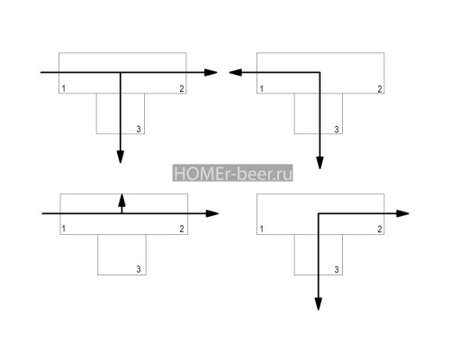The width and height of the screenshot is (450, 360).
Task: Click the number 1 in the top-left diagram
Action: [x=64, y=88]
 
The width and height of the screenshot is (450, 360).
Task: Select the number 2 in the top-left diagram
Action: [x=182, y=88]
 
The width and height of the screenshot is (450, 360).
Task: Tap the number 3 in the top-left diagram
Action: [x=139, y=129]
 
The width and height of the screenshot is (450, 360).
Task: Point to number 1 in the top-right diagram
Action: [x=262, y=89]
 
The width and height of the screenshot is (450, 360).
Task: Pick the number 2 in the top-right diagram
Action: [x=380, y=89]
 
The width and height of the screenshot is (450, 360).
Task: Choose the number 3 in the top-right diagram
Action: [x=337, y=130]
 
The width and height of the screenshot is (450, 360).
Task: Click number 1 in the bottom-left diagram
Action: [x=64, y=229]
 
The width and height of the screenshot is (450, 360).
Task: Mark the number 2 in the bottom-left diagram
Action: [x=182, y=229]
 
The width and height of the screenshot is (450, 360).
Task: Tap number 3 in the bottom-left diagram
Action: [x=139, y=269]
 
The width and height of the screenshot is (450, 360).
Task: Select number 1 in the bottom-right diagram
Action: [x=262, y=229]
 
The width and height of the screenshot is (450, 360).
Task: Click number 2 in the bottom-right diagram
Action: [x=380, y=229]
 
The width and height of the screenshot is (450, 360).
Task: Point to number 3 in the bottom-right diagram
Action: [x=337, y=269]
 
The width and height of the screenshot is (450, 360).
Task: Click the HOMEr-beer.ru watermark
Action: [x=232, y=173]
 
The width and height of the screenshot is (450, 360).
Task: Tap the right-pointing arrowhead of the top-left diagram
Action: [x=211, y=72]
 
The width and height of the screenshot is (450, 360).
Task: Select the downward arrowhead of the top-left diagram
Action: [x=121, y=157]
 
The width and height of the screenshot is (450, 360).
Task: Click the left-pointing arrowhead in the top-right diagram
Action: [x=236, y=72]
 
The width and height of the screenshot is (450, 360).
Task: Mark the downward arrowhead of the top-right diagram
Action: [x=320, y=163]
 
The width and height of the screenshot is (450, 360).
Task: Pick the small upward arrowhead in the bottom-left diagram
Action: [x=121, y=200]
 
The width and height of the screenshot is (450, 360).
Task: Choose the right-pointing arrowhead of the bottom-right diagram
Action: [x=402, y=213]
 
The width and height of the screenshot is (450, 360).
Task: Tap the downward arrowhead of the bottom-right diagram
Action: [x=319, y=304]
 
